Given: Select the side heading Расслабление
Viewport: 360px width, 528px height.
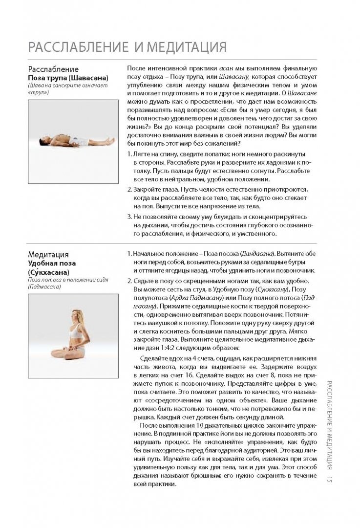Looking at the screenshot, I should click(x=53, y=69).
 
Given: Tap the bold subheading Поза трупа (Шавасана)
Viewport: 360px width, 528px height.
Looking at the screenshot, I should click(x=68, y=78).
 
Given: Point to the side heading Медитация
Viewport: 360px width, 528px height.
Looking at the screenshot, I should click(x=48, y=254).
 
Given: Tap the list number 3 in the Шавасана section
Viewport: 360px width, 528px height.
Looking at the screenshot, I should click(x=129, y=217).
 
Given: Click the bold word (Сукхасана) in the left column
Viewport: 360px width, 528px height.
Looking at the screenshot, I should click(x=48, y=272).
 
